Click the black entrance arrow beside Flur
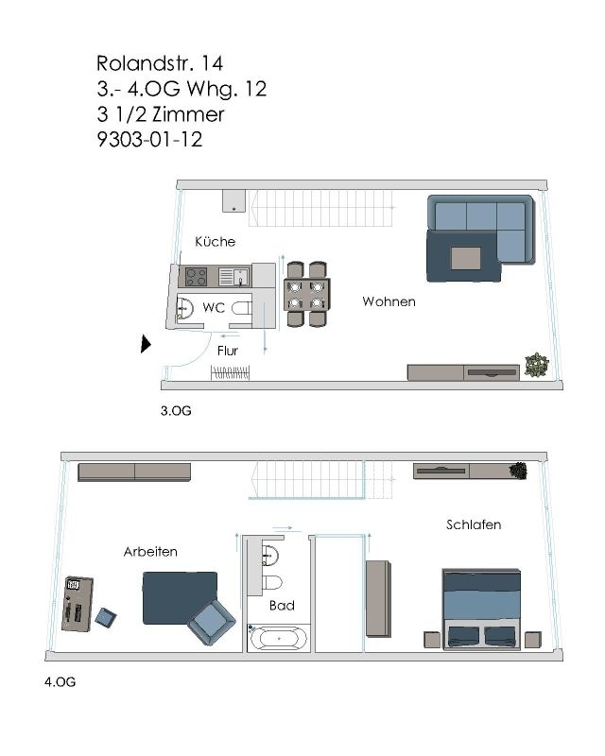[146, 344]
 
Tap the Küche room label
[216, 242]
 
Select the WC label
[214, 307]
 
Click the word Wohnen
[389, 301]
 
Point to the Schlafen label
[474, 524]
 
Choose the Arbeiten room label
[150, 552]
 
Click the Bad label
[282, 606]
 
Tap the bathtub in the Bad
[278, 638]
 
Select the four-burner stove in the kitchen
[197, 277]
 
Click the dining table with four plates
[307, 295]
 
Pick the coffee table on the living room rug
[466, 258]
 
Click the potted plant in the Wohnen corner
[537, 365]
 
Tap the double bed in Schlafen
[481, 610]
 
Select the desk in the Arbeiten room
[78, 604]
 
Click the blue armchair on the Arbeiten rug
[212, 623]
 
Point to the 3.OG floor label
[176, 411]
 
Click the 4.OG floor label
[60, 681]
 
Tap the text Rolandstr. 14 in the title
[160, 63]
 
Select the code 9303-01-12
[149, 139]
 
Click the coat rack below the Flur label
[230, 372]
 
